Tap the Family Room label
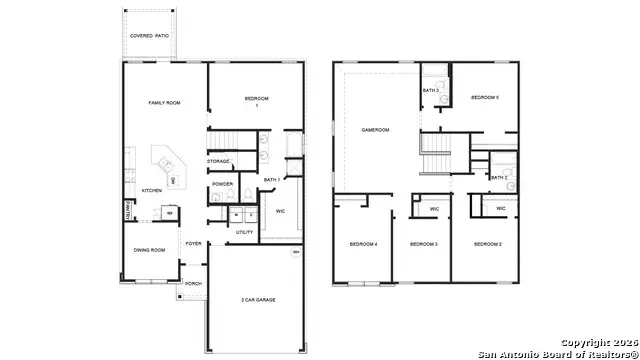[163, 102]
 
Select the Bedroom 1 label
[258, 100]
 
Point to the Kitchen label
[151, 190]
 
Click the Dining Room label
[151, 249]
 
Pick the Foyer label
[194, 243]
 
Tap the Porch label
[192, 283]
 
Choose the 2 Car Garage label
[257, 299]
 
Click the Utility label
[245, 232]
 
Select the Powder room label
[222, 184]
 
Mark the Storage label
[219, 161]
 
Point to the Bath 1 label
[271, 180]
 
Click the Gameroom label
[375, 130]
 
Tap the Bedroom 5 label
[485, 97]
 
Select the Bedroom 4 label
[363, 244]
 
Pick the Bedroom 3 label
[424, 244]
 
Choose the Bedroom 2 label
[487, 244]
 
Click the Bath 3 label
[431, 91]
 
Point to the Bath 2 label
[499, 177]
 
